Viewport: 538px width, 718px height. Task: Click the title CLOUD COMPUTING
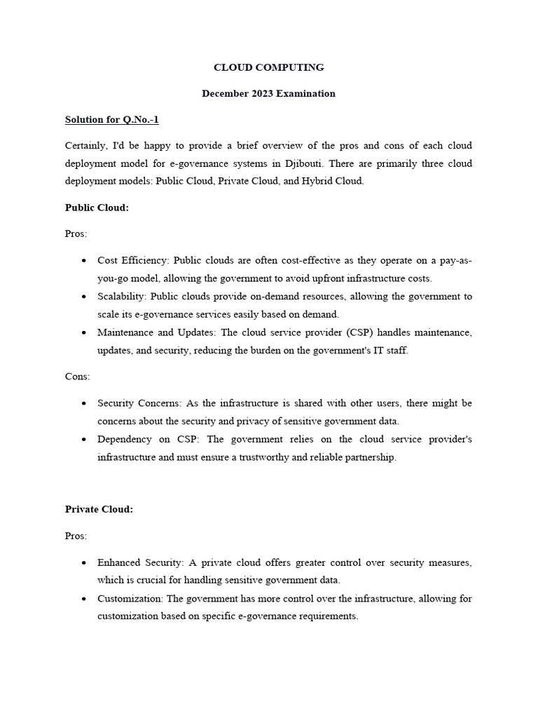pos(268,67)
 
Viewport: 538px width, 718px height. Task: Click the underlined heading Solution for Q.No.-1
pos(112,120)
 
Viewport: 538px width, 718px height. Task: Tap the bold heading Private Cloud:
pos(99,509)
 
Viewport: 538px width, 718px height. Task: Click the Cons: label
pos(77,377)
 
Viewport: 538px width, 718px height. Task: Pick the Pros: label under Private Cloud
pos(76,536)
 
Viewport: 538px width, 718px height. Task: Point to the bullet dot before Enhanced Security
pos(83,563)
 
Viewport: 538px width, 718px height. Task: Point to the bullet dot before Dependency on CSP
pos(83,440)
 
